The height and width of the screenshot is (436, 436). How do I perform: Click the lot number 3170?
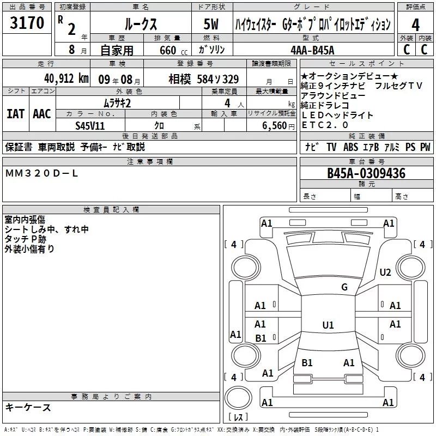27,24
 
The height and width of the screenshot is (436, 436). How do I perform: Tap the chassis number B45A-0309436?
366,173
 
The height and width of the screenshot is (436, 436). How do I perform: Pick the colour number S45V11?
90,125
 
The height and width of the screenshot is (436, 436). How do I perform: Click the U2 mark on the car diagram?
385,272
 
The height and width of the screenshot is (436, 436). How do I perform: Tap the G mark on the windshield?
344,287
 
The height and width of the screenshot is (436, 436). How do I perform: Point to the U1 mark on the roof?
328,325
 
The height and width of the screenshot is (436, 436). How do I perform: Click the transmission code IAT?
15,114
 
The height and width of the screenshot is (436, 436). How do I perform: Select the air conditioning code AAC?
41,114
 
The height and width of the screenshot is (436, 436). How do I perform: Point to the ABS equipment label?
350,147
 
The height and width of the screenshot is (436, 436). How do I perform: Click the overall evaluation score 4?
416,25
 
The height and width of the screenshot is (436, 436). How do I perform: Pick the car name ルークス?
140,25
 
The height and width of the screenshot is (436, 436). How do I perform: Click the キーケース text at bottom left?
28,408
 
